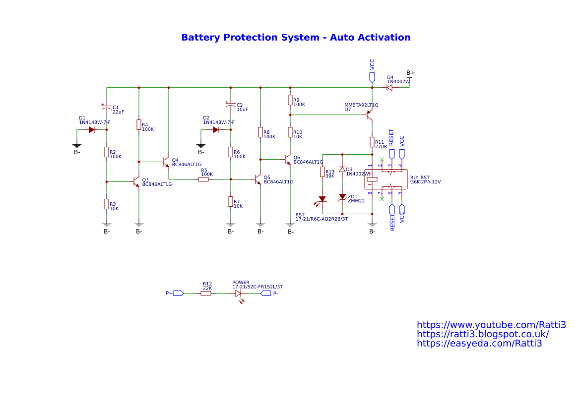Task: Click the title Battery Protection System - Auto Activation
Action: point(296,38)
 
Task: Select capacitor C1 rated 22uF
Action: point(107,107)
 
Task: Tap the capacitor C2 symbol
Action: point(231,105)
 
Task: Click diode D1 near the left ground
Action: point(92,130)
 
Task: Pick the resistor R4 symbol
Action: point(139,125)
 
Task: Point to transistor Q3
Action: point(136,182)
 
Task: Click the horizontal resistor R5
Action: point(203,179)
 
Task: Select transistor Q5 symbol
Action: point(258,179)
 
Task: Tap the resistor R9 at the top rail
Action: point(290,100)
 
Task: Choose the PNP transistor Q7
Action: point(369,115)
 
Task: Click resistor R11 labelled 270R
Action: point(372,142)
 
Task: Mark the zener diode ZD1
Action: point(342,197)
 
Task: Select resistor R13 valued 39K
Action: point(322,172)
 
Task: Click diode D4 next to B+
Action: point(389,88)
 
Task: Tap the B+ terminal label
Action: point(411,73)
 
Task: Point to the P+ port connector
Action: point(178,293)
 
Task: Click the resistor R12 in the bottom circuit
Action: point(206,293)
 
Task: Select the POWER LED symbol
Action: point(239,293)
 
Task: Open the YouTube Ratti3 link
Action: point(491,325)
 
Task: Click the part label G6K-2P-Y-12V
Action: point(425,182)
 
